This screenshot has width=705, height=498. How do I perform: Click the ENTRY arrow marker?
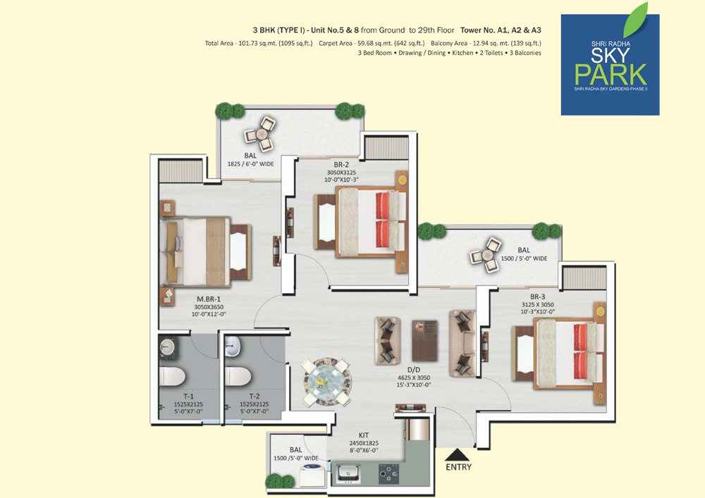458,454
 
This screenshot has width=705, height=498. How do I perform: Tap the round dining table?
326,382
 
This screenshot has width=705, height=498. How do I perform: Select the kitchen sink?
348,473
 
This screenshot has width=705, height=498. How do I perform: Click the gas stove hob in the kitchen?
388,473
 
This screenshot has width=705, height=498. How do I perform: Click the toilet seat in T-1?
172,376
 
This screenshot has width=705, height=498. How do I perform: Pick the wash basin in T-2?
233,347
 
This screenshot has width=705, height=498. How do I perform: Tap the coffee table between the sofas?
424,341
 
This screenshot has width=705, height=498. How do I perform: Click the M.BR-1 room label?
209,299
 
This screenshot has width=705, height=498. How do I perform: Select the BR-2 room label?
341,165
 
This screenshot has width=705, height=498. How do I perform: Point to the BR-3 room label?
537,297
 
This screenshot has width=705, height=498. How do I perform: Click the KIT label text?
364,435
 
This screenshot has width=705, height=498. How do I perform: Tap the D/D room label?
414,370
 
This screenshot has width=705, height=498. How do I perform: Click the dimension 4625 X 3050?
414,378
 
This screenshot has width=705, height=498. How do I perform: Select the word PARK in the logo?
611,75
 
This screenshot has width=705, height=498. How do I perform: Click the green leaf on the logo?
635,20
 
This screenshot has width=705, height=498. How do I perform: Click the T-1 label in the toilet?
188,397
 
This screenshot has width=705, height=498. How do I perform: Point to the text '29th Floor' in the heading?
436,30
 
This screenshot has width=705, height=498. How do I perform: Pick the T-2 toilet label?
254,397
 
